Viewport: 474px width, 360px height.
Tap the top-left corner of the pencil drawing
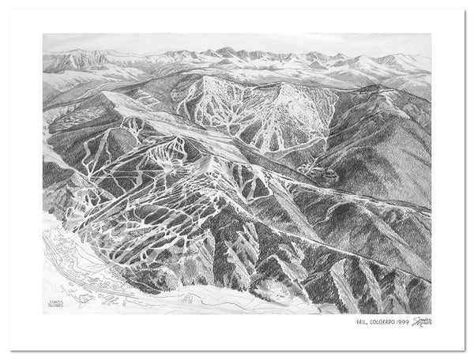pyautogui.click(x=43, y=34)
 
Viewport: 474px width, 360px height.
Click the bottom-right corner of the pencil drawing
pyautogui.click(x=431, y=313)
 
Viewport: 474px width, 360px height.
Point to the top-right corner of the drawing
pyautogui.click(x=431, y=34)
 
